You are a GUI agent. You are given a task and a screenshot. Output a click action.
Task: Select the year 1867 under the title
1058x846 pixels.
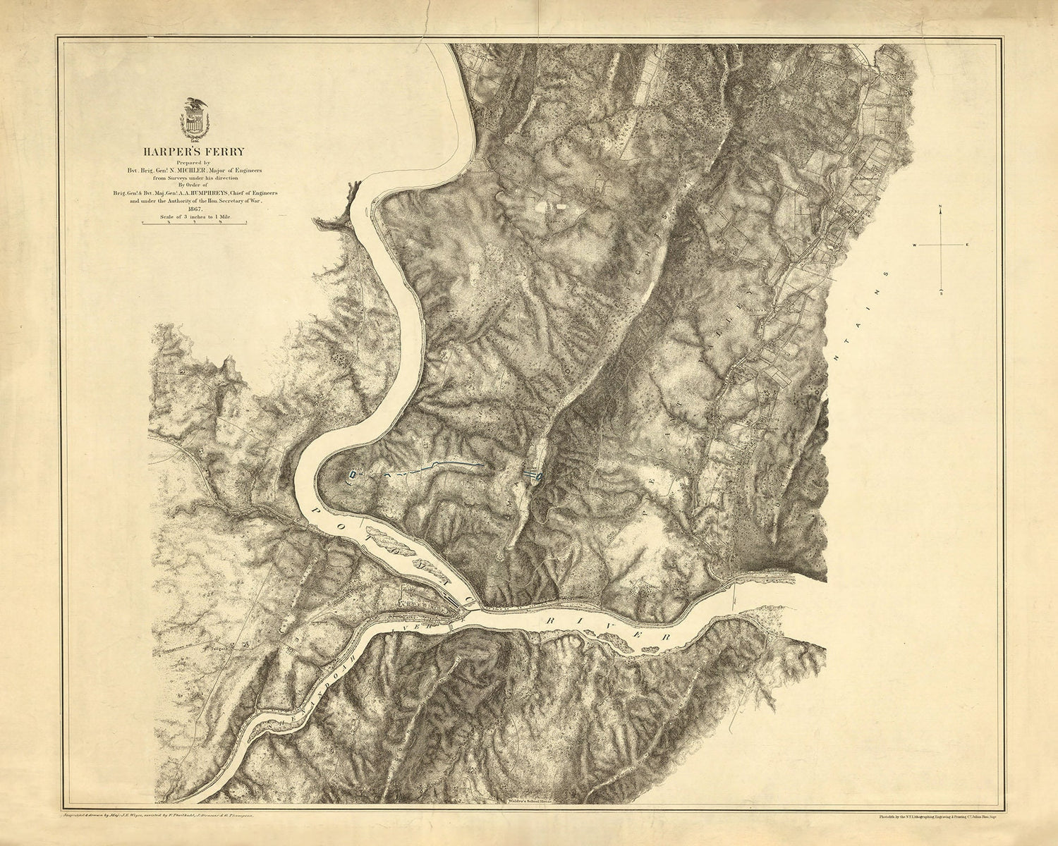coord(193,209)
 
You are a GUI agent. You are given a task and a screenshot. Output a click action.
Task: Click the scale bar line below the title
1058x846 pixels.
coord(193,223)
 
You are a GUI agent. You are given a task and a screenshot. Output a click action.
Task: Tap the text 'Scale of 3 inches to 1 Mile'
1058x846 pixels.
coord(193,216)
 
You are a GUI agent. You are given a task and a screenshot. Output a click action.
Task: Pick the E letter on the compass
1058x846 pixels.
coord(968,245)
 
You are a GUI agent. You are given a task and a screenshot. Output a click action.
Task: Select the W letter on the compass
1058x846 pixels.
coord(916,245)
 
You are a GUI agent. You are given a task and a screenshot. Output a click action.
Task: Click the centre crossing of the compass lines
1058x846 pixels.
coord(941,245)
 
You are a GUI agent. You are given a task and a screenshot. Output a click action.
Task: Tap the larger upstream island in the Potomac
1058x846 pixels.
coord(384,541)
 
